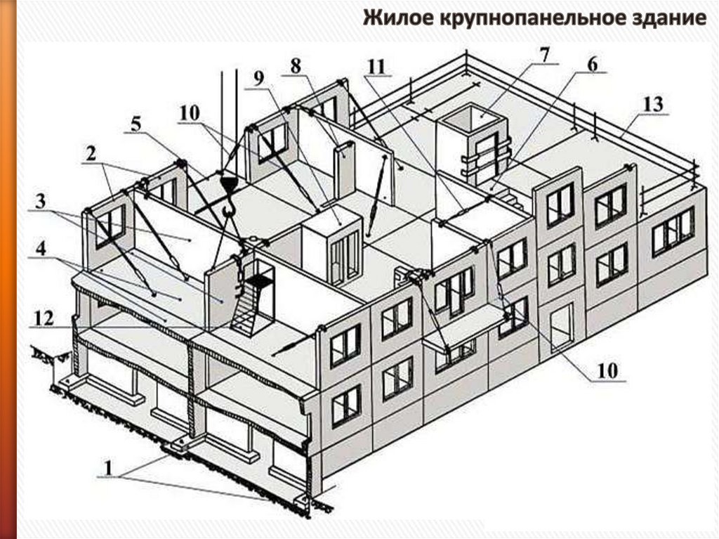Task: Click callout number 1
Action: click(x=107, y=467)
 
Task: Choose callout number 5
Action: click(x=135, y=124)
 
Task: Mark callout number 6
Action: click(x=592, y=63)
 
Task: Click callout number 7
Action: click(x=543, y=55)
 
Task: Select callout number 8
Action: click(x=295, y=65)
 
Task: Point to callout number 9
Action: click(x=260, y=79)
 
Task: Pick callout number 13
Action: click(x=653, y=105)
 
